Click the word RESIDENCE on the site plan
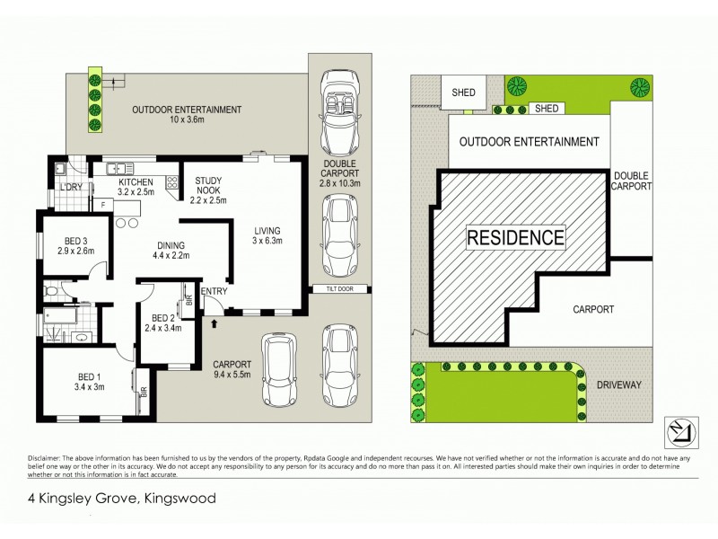pos(516,238)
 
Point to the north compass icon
pos(679,431)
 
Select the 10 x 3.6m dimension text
pos(187,122)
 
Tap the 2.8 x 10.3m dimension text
pos(339,183)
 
